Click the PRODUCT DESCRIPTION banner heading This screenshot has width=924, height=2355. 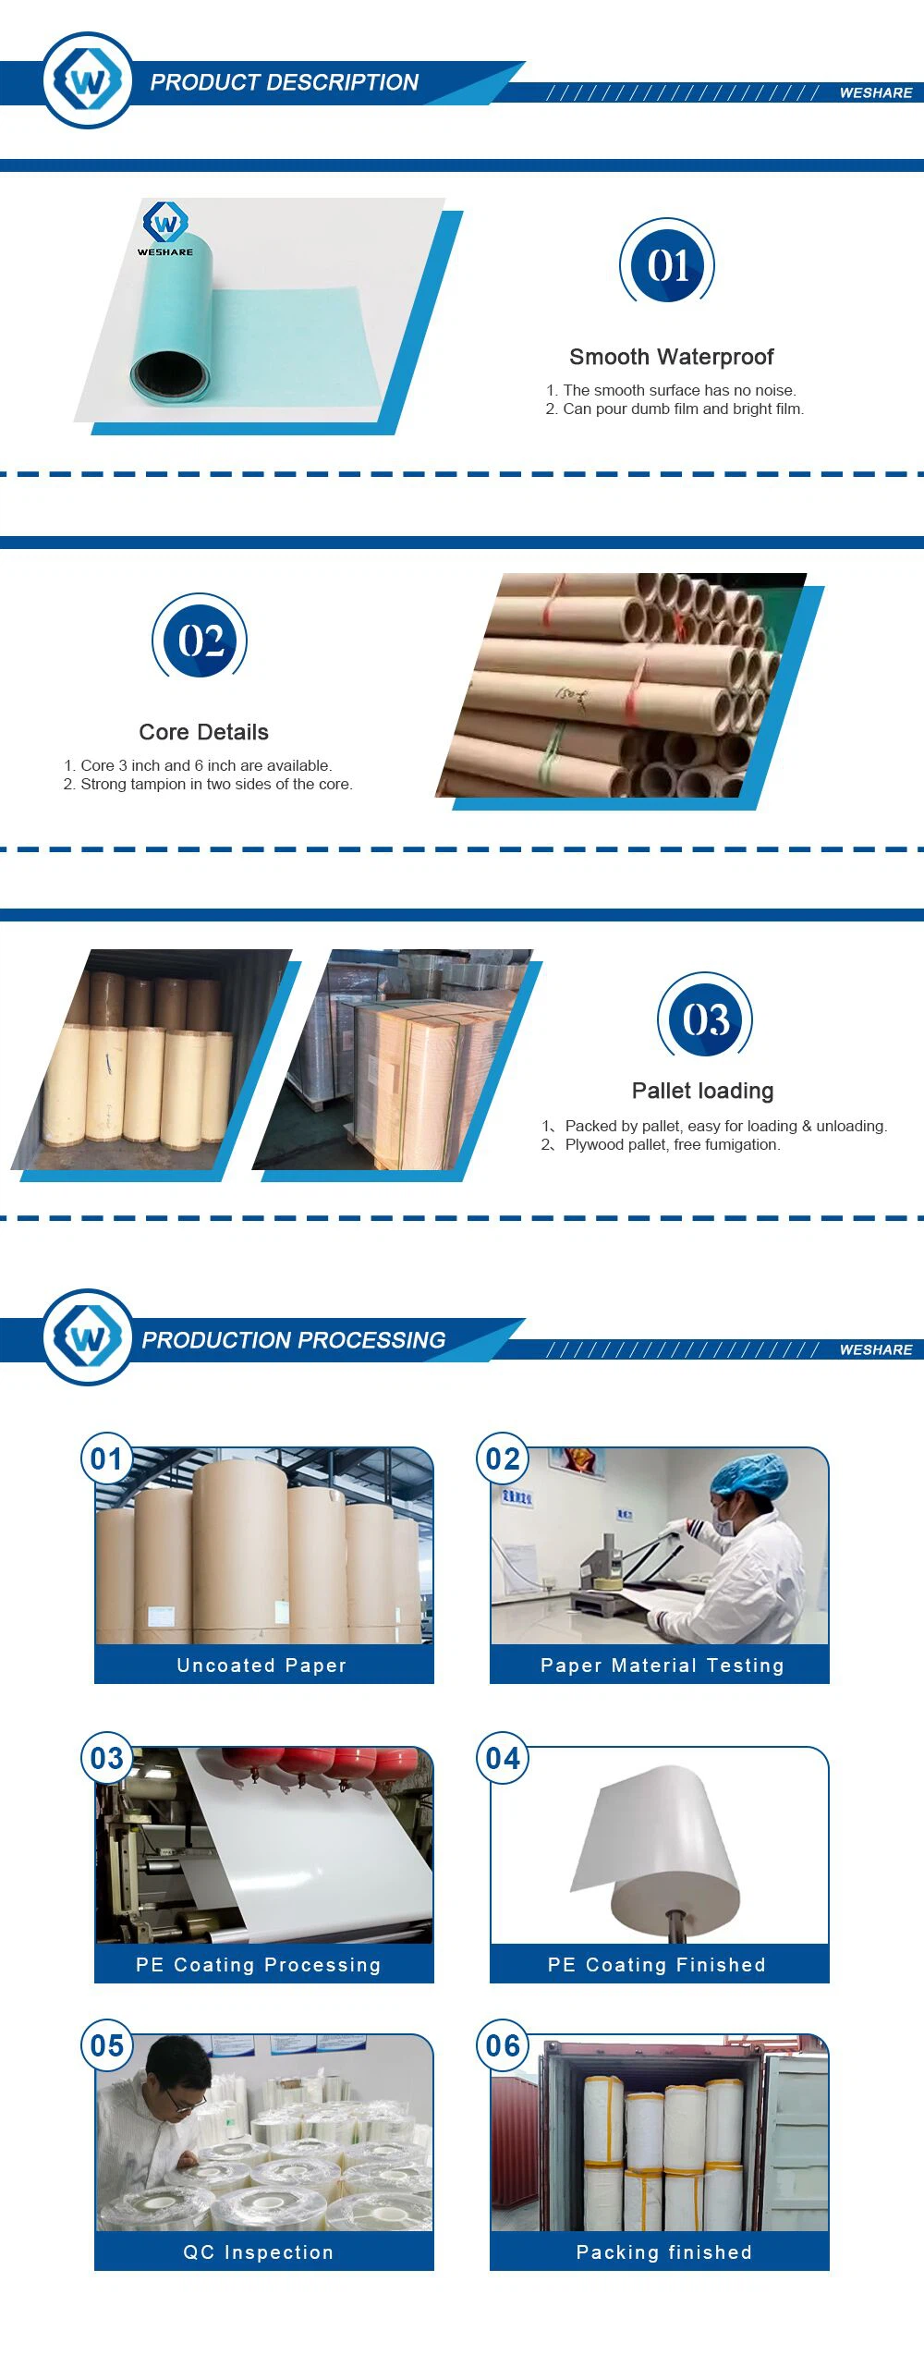(x=284, y=82)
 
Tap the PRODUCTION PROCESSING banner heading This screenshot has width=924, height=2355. (x=293, y=1340)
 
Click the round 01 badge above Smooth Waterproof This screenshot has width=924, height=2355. (x=667, y=264)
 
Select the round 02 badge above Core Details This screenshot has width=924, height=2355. (x=200, y=640)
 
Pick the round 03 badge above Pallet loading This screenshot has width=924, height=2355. (x=705, y=1019)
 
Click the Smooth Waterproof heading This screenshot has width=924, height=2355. (x=672, y=357)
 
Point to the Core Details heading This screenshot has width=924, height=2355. (x=203, y=732)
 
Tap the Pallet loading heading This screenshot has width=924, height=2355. (x=702, y=1091)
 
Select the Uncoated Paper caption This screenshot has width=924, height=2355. (x=261, y=1666)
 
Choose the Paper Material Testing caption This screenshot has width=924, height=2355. (x=663, y=1666)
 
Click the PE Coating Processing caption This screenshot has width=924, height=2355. (x=259, y=1965)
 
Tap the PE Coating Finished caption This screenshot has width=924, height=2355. (x=657, y=1965)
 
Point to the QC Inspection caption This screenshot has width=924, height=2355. (x=259, y=2252)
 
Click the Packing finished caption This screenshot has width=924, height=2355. (x=664, y=2252)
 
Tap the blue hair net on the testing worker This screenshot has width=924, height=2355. (x=748, y=1477)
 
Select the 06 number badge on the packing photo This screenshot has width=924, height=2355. (x=503, y=2046)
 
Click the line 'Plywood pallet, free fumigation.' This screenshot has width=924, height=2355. (x=673, y=1144)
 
